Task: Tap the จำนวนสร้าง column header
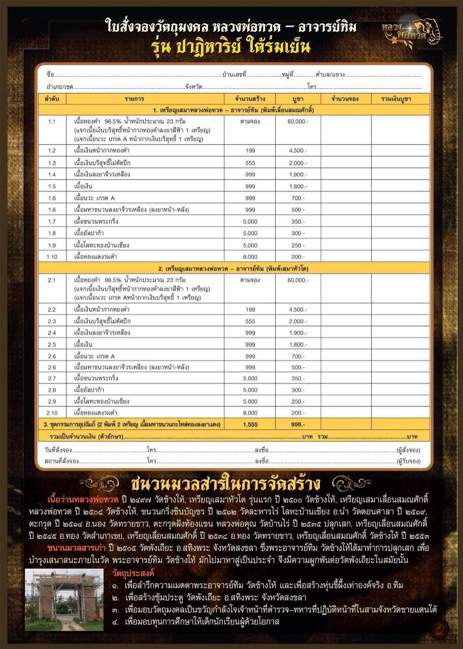point(250,98)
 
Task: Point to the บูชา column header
point(297,98)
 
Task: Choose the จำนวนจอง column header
point(345,98)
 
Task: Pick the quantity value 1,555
point(250,424)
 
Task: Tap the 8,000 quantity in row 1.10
point(250,256)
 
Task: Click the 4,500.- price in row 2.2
point(297,310)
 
